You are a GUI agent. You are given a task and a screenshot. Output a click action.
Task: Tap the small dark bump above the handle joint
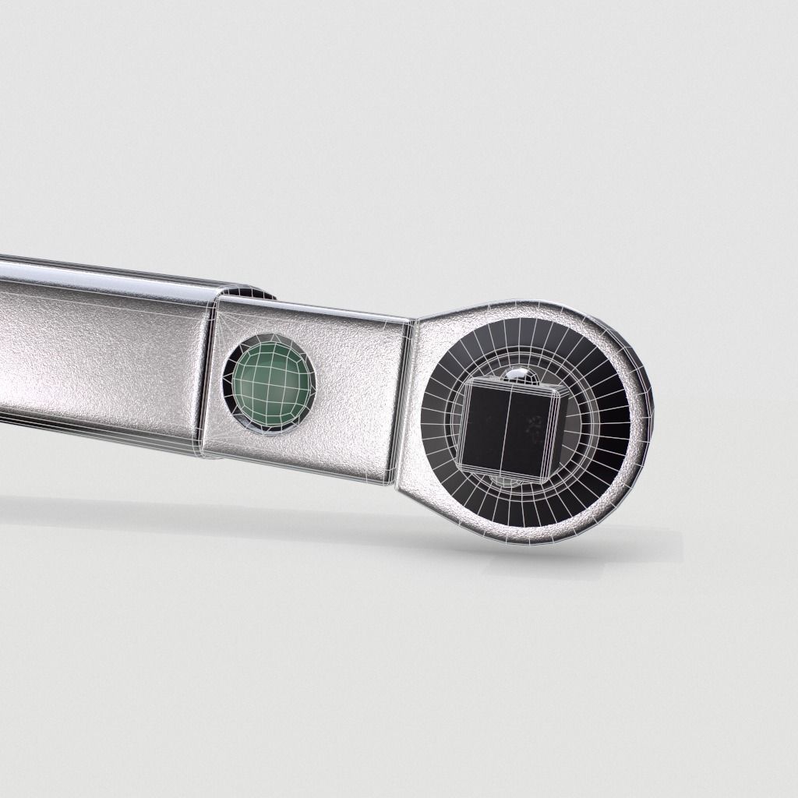click(257, 293)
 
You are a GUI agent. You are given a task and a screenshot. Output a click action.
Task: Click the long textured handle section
click(94, 351)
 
